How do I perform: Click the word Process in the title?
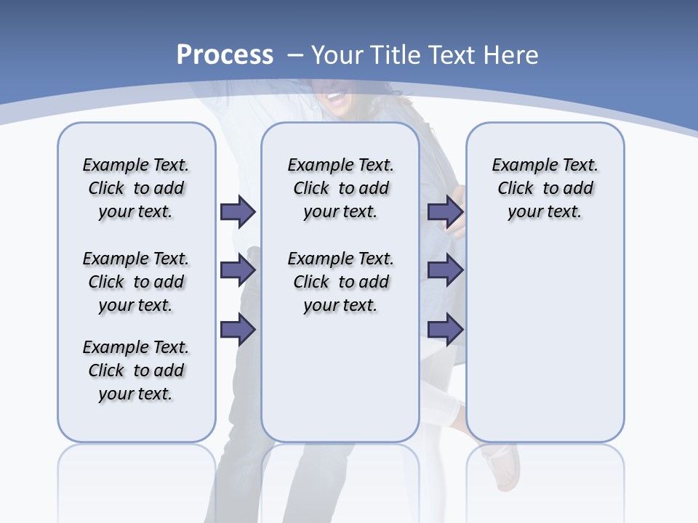[225, 55]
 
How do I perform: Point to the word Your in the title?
[340, 55]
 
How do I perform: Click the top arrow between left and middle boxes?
[238, 211]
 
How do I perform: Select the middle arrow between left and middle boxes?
[238, 271]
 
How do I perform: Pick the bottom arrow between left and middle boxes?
[238, 331]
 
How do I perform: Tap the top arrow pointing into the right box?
[445, 211]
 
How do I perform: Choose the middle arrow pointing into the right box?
[445, 271]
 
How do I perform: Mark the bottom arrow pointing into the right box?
[445, 331]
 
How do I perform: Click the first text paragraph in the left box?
[136, 188]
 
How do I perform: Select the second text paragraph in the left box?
[136, 282]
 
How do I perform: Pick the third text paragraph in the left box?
[136, 370]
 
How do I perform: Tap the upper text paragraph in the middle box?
[340, 188]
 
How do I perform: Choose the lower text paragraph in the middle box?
[340, 282]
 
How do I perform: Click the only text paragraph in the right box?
[545, 188]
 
